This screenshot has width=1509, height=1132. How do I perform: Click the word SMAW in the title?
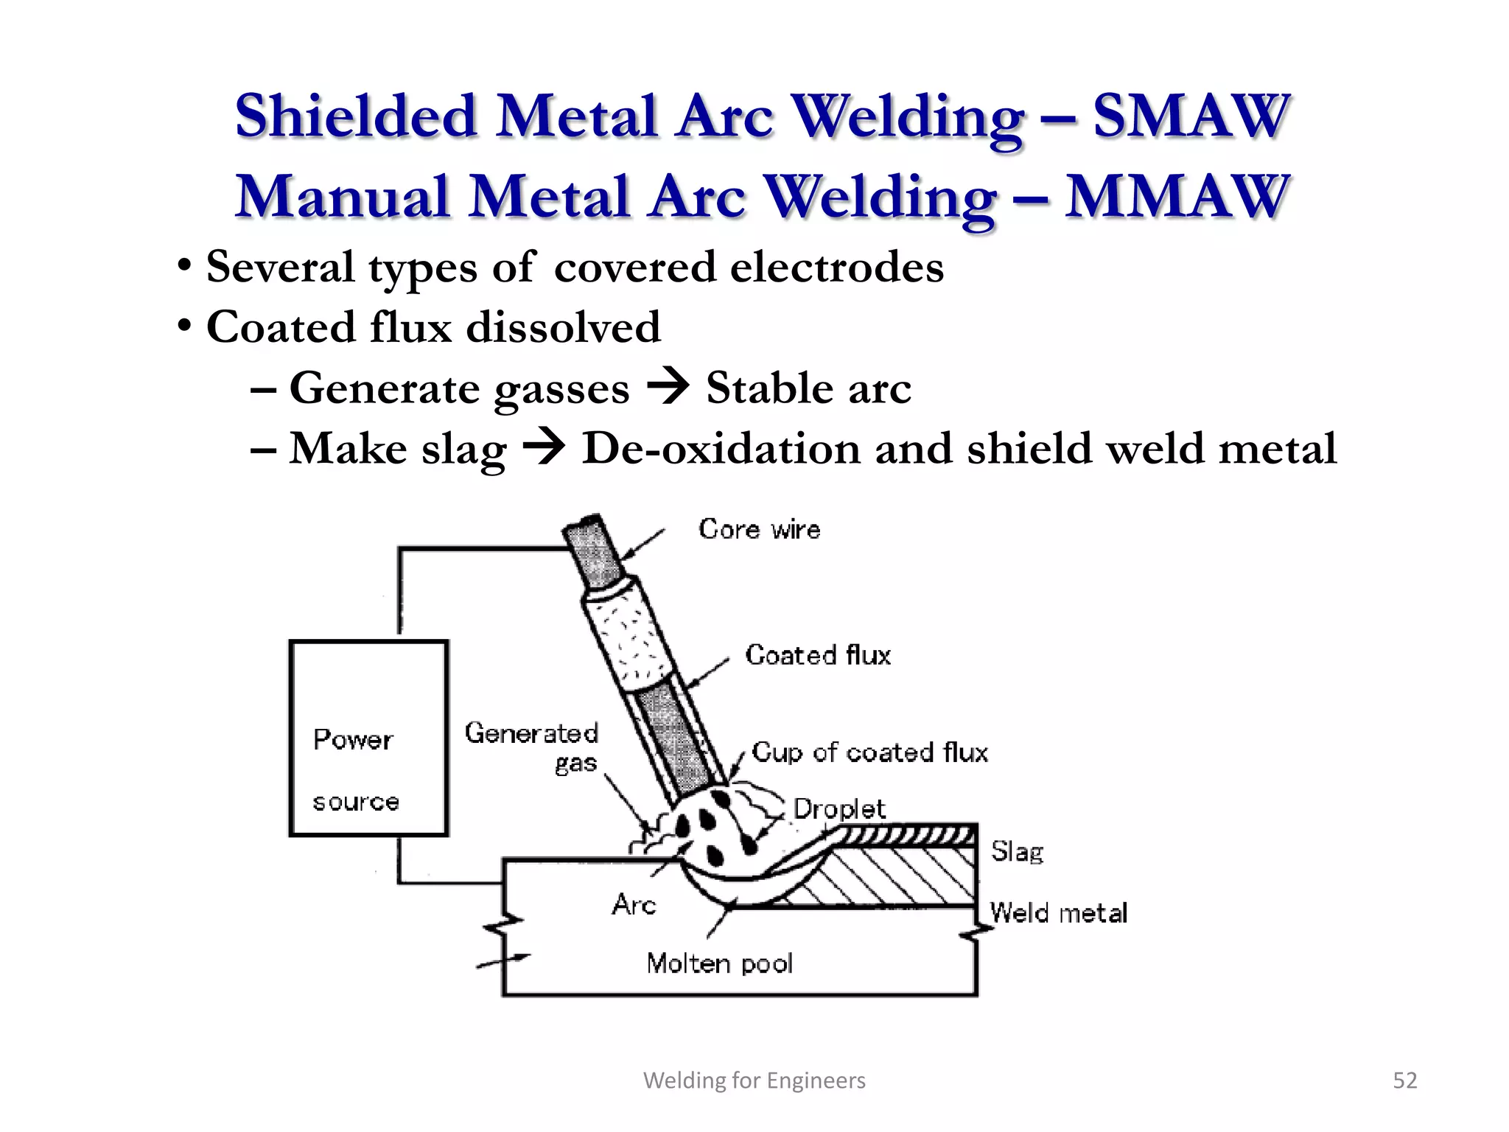[x=1191, y=116]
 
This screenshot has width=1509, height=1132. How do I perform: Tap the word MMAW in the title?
[x=1176, y=198]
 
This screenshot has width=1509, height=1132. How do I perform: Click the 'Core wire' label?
[x=759, y=529]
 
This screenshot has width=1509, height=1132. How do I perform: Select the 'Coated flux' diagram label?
[x=818, y=655]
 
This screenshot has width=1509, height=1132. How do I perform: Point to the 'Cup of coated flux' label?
[x=869, y=752]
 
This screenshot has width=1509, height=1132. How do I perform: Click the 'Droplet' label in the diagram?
[x=838, y=809]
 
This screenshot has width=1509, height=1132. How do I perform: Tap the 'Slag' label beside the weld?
[x=1017, y=852]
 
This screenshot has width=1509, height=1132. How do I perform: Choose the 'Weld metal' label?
[x=1058, y=913]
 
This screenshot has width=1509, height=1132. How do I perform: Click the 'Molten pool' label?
[x=719, y=963]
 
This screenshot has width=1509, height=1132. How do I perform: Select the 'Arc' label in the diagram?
[x=634, y=904]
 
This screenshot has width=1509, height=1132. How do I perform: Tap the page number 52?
[x=1404, y=1080]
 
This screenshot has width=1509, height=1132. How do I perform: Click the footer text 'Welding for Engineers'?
[x=754, y=1080]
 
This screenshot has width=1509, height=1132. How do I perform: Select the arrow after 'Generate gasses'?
[x=668, y=388]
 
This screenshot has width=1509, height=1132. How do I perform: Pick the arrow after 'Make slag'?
[x=544, y=448]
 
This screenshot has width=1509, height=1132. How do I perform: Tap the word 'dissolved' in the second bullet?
[x=564, y=327]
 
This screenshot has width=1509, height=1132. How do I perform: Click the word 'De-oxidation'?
[x=721, y=448]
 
